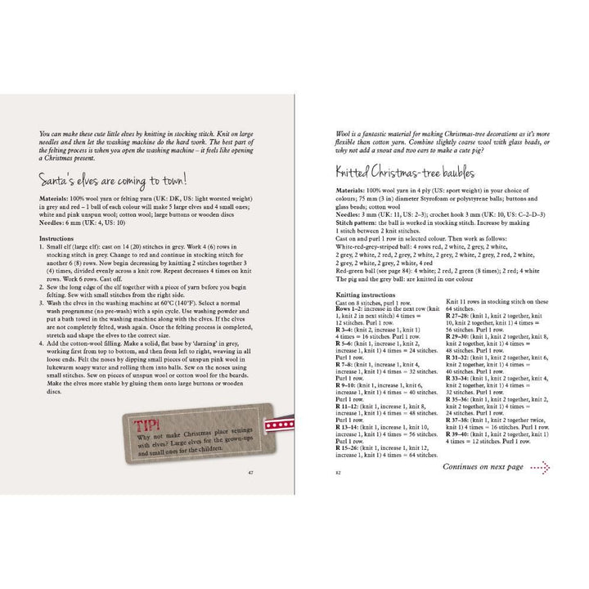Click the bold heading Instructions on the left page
57,239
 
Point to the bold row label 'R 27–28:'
459,314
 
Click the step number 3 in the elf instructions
42,302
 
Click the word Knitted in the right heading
359,174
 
